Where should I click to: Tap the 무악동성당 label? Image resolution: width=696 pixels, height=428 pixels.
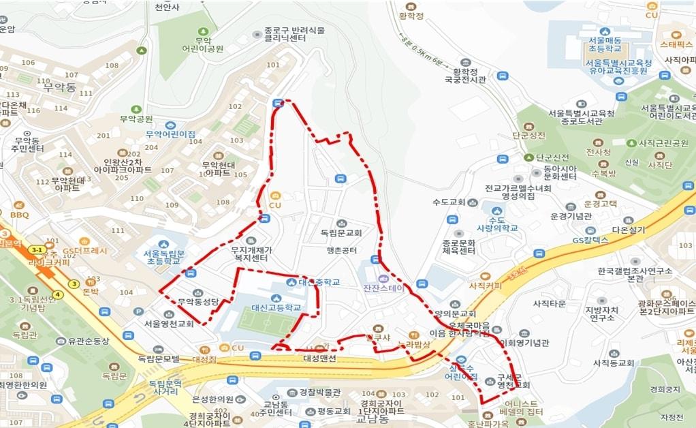197,301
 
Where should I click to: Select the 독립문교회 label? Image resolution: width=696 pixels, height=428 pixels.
341,232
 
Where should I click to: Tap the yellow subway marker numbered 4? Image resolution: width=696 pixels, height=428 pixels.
59,294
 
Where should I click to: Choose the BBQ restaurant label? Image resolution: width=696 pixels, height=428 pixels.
20,215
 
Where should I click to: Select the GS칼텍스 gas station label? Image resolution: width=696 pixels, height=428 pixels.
590,241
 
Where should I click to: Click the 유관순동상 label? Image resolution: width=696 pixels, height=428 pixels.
87,341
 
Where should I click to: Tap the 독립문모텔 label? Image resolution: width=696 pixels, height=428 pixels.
159,358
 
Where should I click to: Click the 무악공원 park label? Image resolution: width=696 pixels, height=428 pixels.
136,118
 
